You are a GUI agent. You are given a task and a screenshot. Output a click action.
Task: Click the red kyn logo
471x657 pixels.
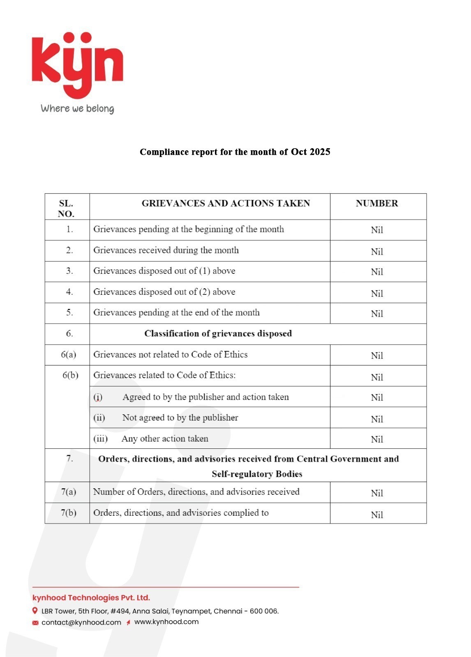[77, 64]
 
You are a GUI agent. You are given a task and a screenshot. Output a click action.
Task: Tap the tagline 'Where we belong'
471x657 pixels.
[77, 109]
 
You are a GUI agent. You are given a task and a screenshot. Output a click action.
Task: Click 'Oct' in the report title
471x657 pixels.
[299, 152]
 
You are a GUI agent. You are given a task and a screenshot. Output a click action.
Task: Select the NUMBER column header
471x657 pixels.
[377, 204]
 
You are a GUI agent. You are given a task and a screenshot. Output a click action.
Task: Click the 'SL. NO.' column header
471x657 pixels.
[66, 209]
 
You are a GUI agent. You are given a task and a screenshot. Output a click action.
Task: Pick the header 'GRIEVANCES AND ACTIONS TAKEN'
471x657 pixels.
[226, 204]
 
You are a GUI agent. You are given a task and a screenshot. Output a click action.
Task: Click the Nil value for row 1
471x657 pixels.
[377, 230]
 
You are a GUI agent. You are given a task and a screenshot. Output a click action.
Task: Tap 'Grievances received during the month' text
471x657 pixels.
[166, 250]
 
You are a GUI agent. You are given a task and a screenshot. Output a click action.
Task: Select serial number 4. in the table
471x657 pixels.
[69, 292]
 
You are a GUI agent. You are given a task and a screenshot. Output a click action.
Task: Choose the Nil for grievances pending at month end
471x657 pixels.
[377, 314]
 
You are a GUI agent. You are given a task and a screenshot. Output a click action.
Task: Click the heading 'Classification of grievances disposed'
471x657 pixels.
[218, 334]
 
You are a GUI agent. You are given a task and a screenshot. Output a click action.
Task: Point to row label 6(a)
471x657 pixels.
[69, 355]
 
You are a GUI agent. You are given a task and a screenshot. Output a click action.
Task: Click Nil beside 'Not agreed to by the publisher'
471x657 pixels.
[377, 419]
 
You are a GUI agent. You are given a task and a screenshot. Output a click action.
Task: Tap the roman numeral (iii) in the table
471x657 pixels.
[100, 439]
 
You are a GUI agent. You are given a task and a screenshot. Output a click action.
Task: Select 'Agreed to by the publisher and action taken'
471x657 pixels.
[205, 397]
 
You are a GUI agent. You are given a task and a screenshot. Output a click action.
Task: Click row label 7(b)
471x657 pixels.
[69, 513]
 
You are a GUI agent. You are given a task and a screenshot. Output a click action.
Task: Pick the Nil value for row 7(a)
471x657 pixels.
[377, 493]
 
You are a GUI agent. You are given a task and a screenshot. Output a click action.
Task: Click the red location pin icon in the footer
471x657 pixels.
[35, 611]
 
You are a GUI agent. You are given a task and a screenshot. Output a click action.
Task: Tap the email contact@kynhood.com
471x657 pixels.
[81, 623]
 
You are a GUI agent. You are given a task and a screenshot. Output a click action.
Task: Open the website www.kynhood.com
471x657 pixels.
[166, 622]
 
